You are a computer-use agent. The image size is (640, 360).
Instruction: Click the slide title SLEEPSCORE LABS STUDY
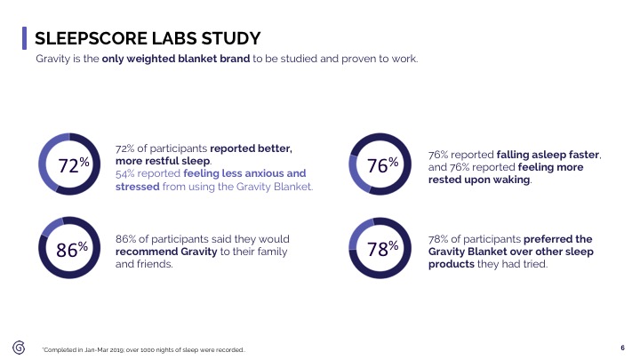tap(147, 39)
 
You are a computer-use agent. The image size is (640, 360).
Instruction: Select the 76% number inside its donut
tap(384, 164)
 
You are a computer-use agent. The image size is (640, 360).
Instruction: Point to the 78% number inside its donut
tap(384, 249)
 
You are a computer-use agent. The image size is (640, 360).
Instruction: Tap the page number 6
tap(622, 347)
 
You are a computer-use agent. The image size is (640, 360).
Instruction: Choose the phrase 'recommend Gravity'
tap(161, 252)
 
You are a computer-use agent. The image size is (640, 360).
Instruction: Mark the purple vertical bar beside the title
tap(23, 38)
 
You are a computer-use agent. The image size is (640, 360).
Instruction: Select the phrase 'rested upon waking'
tap(479, 180)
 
